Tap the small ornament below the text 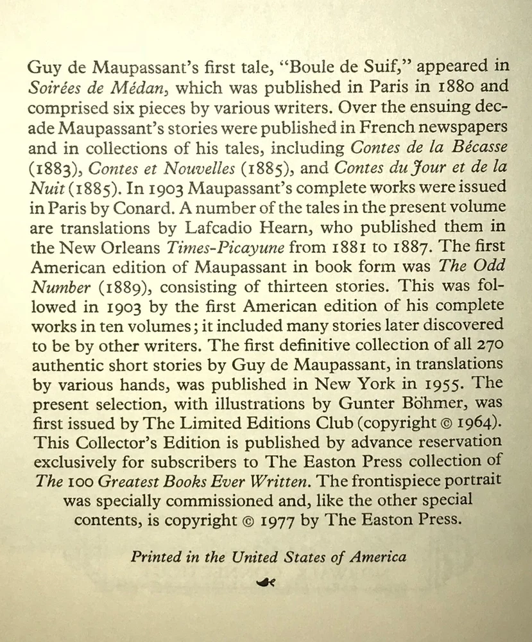(x=265, y=582)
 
